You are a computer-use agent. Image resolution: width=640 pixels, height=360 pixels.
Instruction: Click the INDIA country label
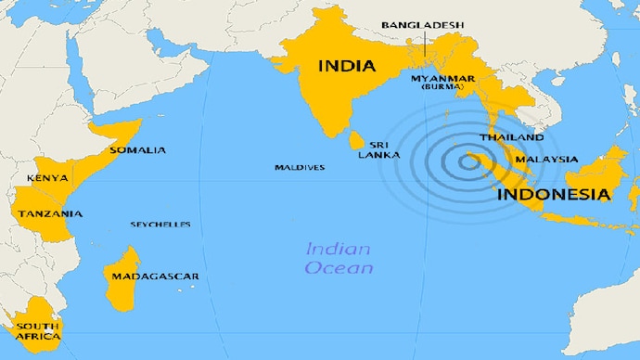347,66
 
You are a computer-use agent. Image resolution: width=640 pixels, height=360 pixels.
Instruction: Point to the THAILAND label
511,137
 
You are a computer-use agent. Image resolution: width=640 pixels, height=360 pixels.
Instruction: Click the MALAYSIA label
547,160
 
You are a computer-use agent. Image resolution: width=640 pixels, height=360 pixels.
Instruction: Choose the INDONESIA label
554,195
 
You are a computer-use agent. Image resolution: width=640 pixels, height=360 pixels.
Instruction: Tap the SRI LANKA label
385,149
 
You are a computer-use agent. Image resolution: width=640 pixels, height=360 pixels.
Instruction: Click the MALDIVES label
299,168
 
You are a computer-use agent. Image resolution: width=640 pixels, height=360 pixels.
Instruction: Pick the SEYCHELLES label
160,225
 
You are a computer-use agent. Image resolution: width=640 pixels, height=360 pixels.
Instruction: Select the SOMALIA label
137,150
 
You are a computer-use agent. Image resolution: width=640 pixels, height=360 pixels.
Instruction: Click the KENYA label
46,178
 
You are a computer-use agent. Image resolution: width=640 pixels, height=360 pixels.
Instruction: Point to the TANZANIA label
48,214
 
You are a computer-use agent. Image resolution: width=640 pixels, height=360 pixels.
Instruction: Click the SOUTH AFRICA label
38,331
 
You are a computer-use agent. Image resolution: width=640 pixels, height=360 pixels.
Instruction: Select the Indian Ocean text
339,259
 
